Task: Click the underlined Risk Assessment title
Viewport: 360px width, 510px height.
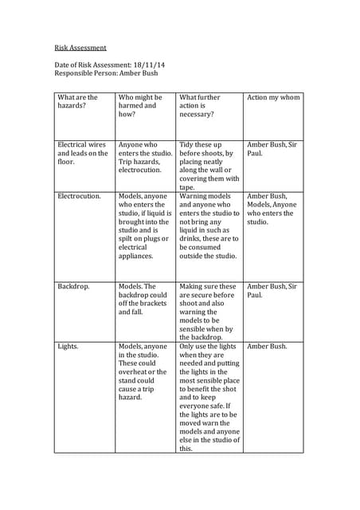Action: (80, 48)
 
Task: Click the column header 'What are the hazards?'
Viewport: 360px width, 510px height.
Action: (77, 101)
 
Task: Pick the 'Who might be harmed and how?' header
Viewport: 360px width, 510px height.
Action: (140, 106)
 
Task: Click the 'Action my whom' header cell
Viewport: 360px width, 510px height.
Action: (274, 97)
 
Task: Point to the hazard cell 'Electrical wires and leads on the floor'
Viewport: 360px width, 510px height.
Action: (82, 153)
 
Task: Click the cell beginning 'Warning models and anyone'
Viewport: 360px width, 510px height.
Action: (209, 226)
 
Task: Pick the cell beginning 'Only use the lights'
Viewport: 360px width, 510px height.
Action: (208, 397)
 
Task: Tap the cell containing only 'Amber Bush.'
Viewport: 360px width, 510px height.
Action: (268, 347)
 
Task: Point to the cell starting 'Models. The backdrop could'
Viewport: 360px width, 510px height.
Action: (143, 299)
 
